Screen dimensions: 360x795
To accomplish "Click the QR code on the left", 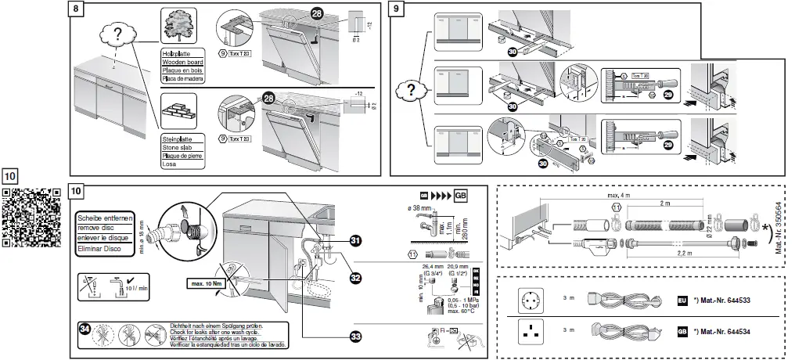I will point(32,217).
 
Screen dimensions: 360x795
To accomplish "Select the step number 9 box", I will point(397,9).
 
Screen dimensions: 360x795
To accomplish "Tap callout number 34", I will point(85,328).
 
